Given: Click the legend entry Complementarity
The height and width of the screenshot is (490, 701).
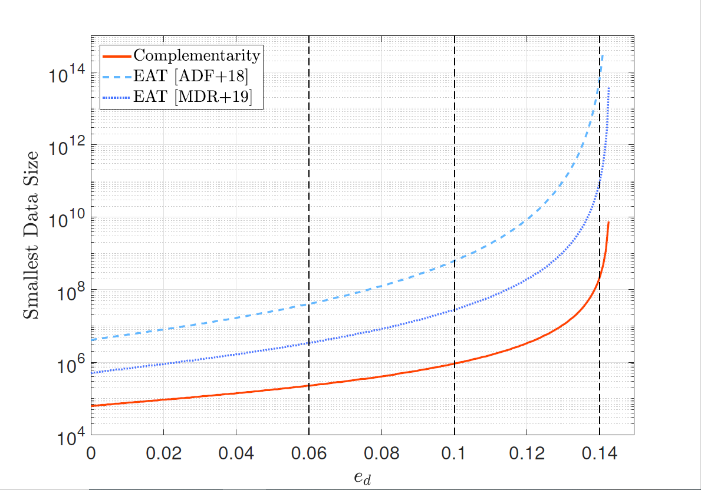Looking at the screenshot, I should [196, 56].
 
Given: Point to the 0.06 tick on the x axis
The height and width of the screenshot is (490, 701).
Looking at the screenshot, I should [309, 454].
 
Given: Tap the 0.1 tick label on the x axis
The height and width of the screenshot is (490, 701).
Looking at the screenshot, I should [454, 454].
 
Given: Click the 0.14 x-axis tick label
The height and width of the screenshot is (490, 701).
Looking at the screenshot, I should [599, 454].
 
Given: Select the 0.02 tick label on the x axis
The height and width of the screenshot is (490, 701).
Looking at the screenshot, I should [163, 454].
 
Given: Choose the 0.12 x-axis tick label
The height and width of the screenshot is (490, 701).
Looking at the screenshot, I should [526, 454].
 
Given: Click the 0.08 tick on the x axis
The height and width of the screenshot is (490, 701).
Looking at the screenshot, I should [381, 454].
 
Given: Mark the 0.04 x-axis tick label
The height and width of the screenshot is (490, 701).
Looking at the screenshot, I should [236, 454].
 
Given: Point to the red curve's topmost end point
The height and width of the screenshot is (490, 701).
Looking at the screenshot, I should [608, 222].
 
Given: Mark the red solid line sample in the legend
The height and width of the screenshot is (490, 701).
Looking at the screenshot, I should [117, 57].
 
